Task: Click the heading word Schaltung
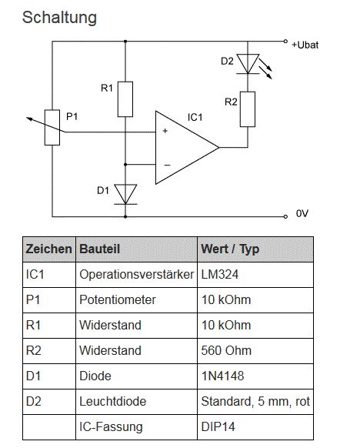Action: (59, 18)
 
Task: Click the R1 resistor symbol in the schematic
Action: (125, 99)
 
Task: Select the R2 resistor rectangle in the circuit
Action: (248, 109)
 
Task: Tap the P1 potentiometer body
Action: (52, 128)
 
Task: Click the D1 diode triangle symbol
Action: (125, 194)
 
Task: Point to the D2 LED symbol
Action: (248, 64)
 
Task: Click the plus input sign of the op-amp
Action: (165, 131)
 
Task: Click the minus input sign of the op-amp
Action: (167, 165)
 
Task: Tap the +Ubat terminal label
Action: (305, 45)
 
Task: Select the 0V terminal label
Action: (302, 213)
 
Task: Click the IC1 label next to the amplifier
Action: (195, 117)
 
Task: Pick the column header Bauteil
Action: (100, 249)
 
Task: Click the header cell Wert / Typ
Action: (230, 249)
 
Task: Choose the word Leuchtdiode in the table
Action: (113, 401)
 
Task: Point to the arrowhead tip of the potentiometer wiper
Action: (27, 118)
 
